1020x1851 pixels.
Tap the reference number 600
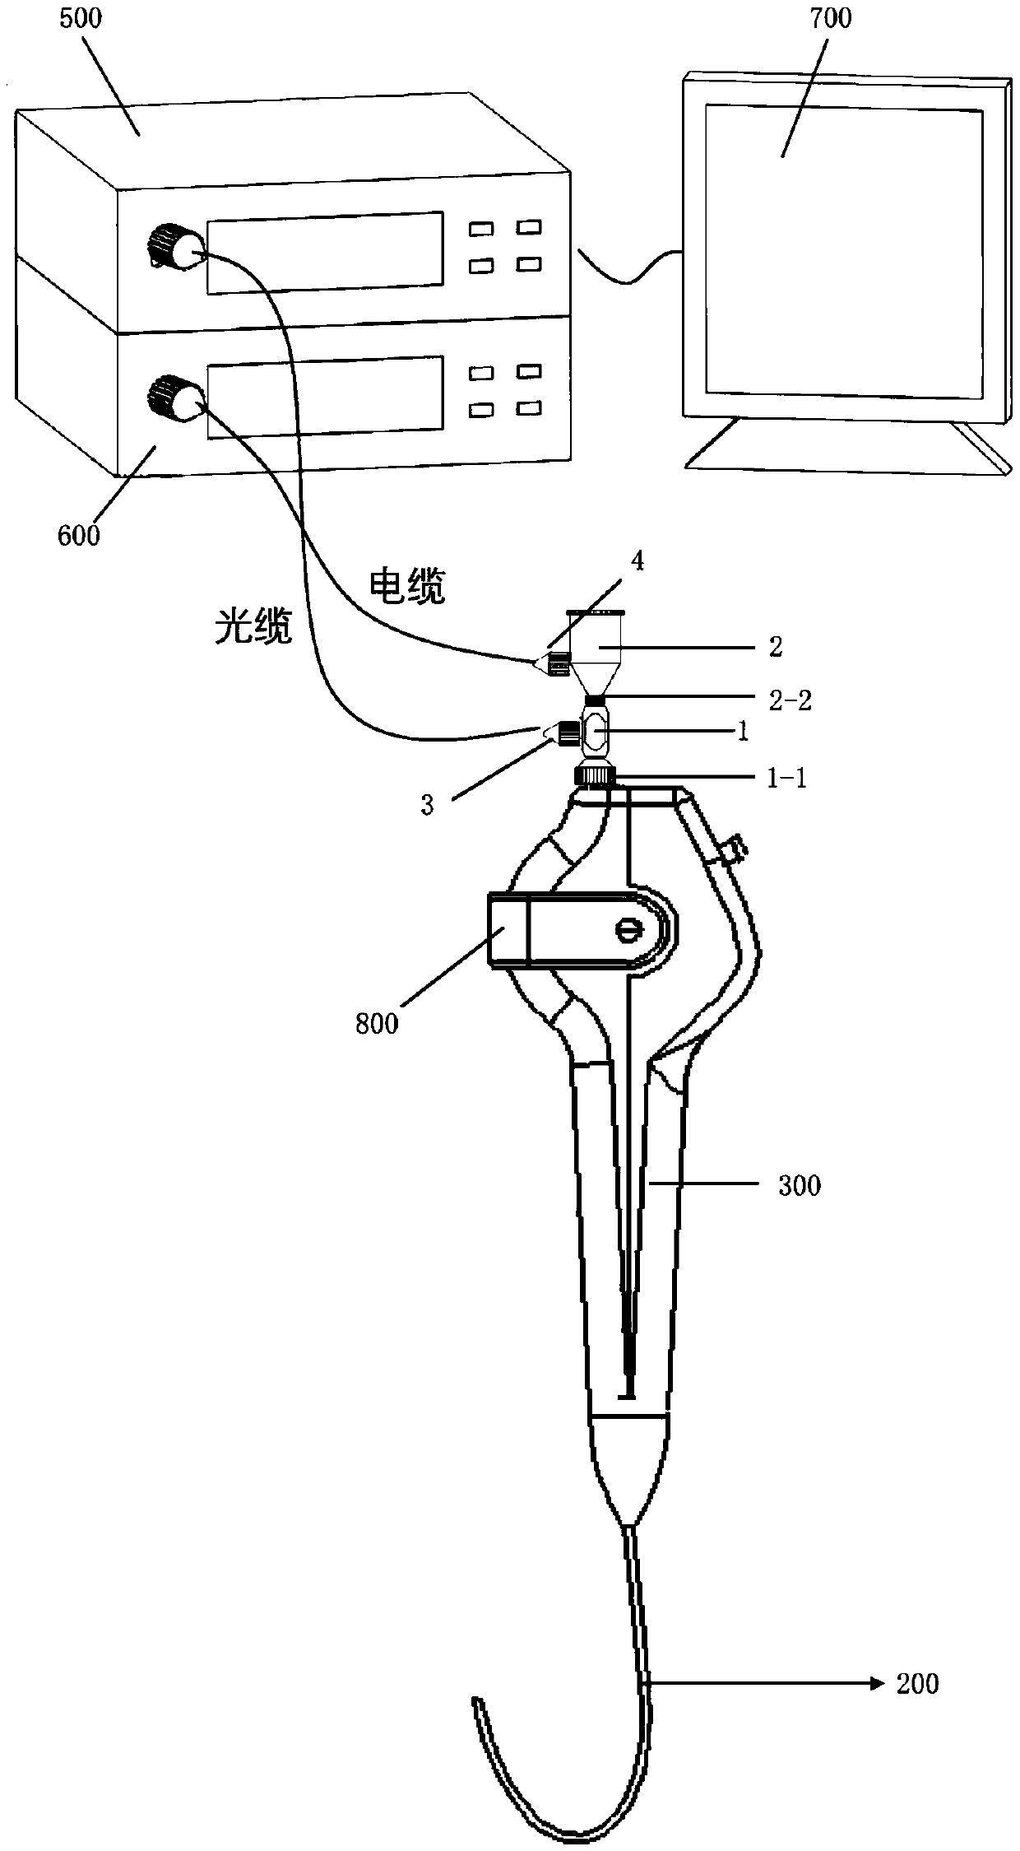[x=79, y=535]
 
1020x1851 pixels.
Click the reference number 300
[x=800, y=1186]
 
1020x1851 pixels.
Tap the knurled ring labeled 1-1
[x=594, y=775]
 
